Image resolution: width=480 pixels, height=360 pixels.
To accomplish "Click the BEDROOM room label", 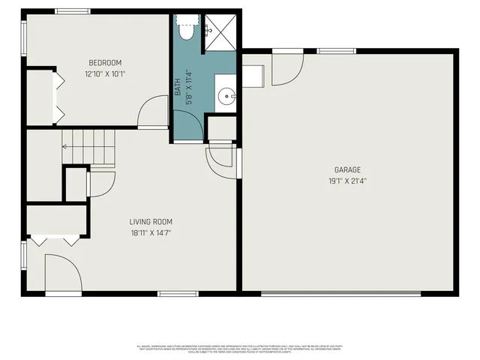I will tap(105, 63).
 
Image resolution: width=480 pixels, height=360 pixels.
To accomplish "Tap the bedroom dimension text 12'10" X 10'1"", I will tap(105, 74).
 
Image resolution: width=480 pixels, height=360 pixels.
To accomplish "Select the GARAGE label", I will tap(348, 170).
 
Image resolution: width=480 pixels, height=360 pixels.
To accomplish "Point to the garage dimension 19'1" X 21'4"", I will tap(348, 181).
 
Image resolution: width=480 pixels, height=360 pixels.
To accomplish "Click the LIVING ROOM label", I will tap(151, 222).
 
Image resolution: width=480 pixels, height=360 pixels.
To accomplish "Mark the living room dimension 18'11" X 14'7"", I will tap(151, 233).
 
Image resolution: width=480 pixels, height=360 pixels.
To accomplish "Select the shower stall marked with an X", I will tap(222, 31).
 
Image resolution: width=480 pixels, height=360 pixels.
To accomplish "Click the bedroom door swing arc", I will tap(154, 112).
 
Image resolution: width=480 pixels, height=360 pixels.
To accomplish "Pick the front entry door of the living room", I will tap(63, 274).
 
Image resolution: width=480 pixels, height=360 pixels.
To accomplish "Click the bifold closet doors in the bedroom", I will tap(55, 96).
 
